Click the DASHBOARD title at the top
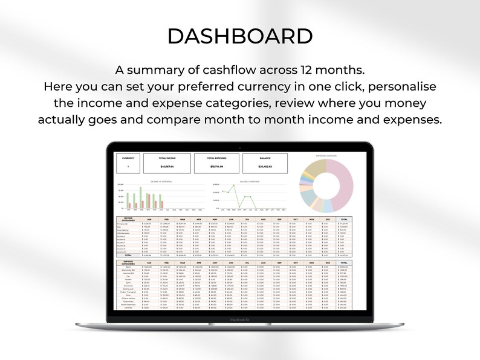[240, 36]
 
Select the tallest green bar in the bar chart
[140, 197]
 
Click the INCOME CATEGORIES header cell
[128, 220]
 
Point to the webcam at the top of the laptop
[240, 147]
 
